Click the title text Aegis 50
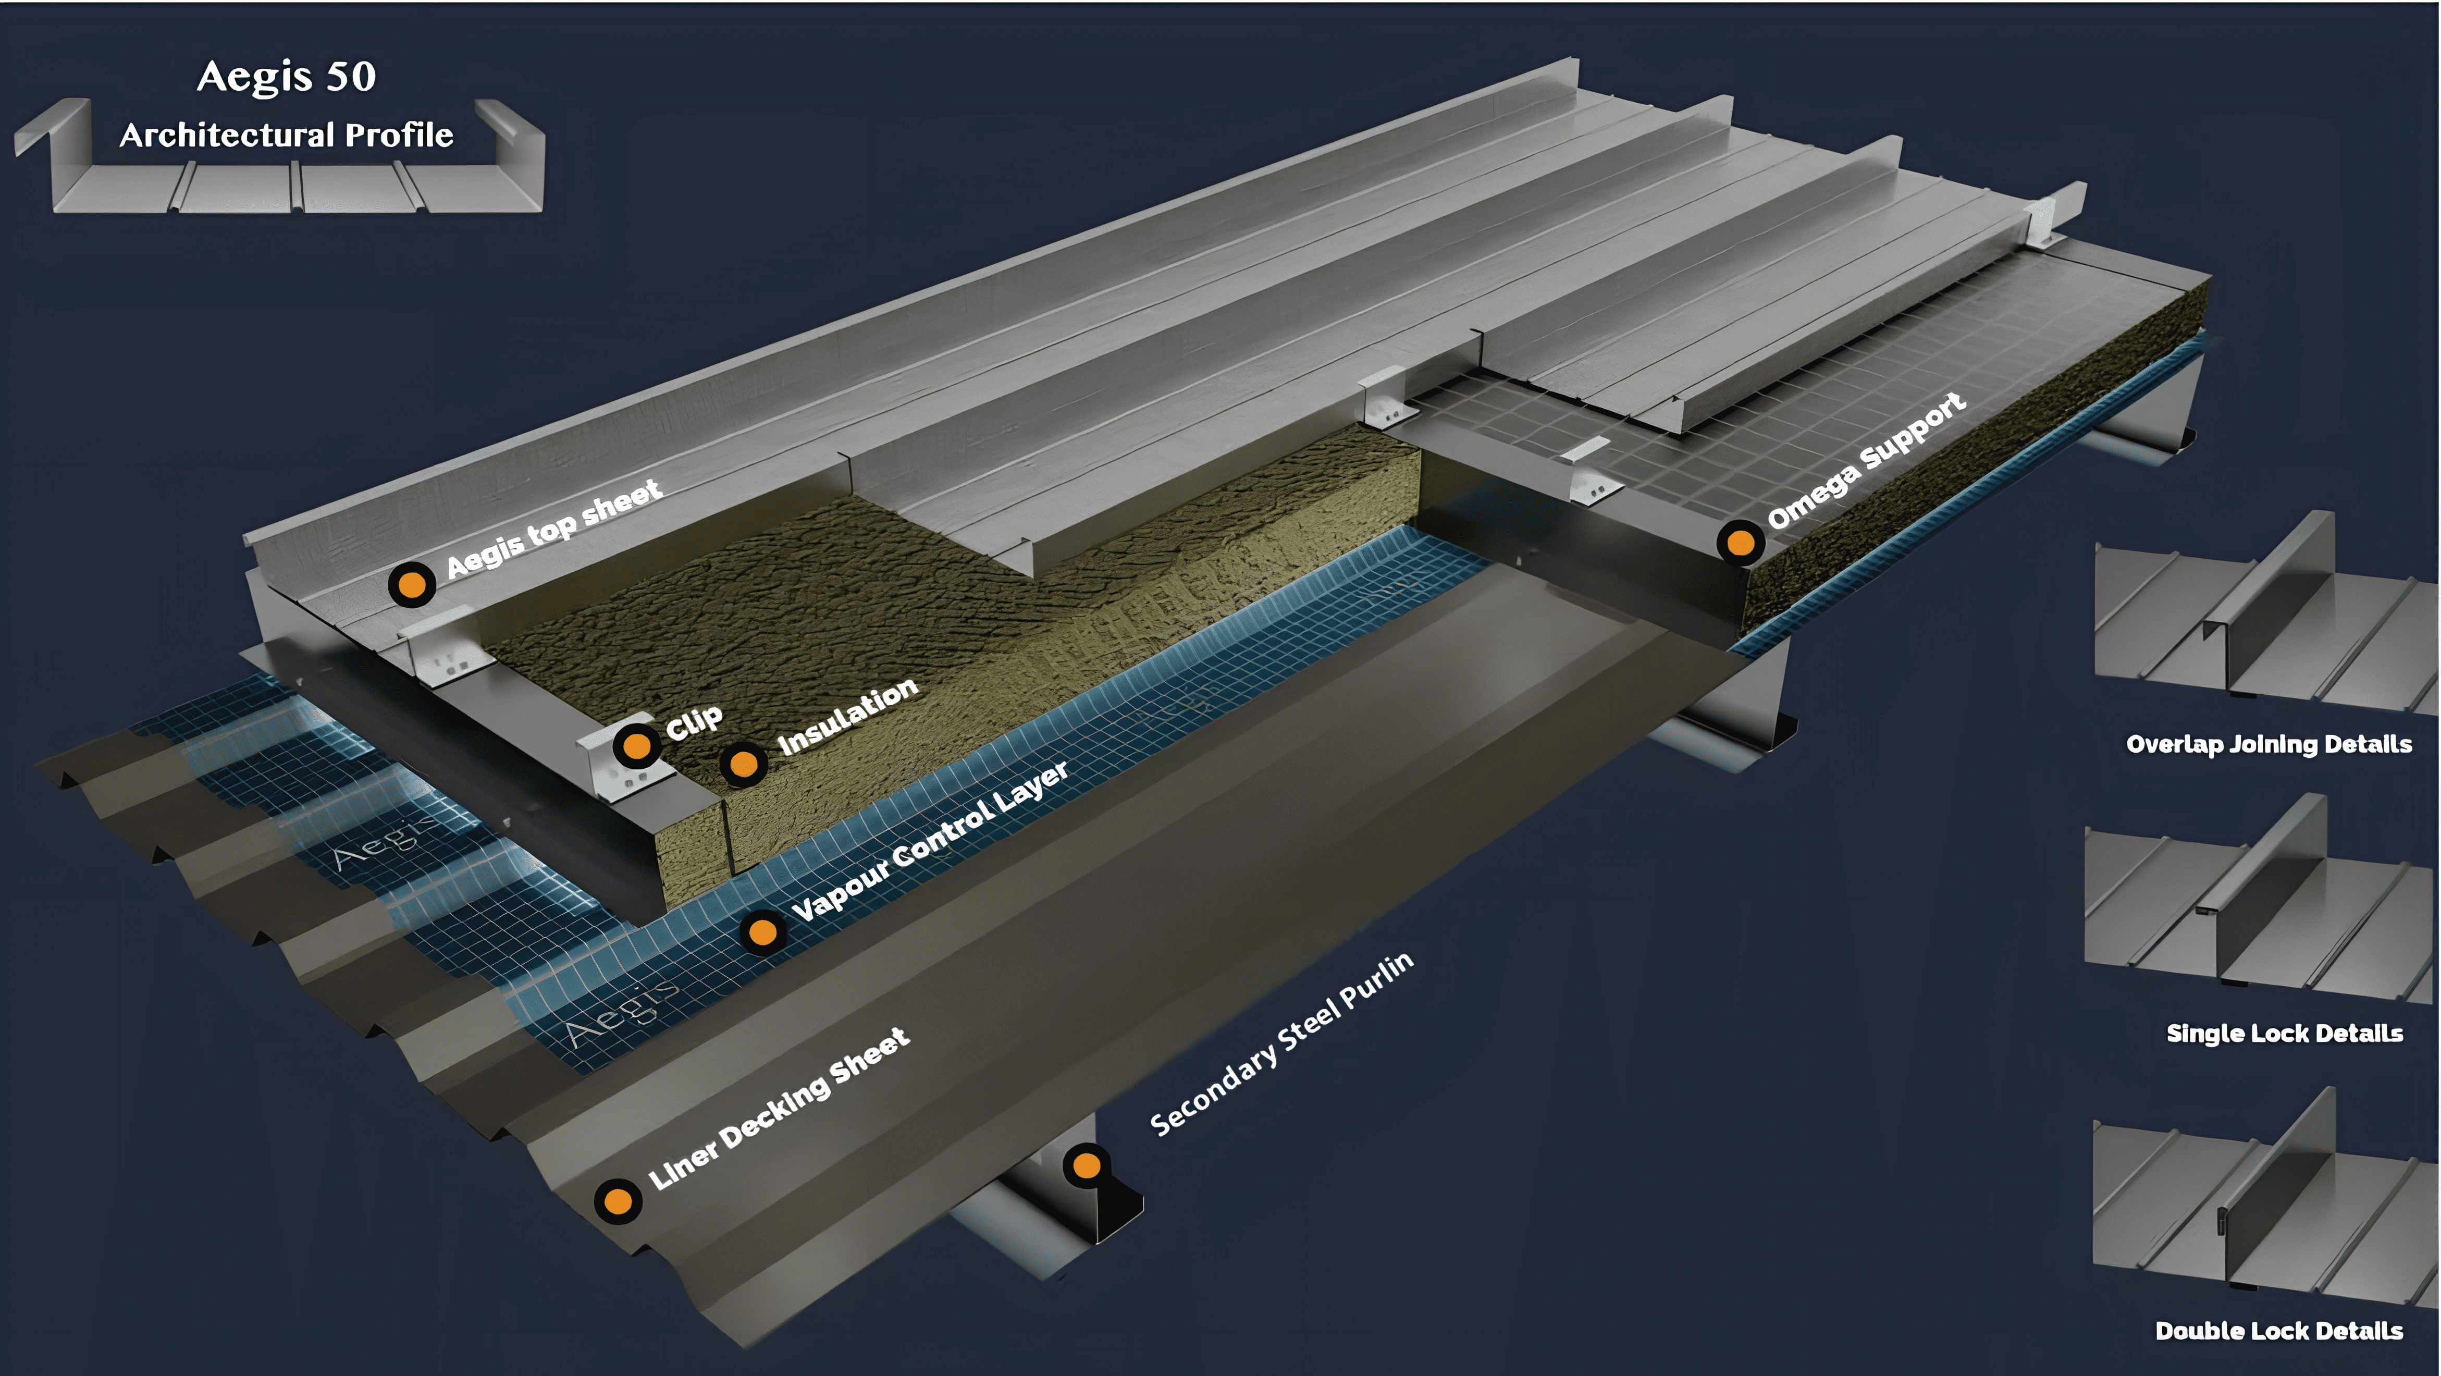coord(286,76)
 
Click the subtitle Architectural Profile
coord(286,136)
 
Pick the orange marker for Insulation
coord(744,763)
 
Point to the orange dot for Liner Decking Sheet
coord(618,1201)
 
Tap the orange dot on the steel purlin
coord(1087,1165)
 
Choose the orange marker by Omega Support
coord(1741,543)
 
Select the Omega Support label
coord(1867,461)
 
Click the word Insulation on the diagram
coord(848,717)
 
